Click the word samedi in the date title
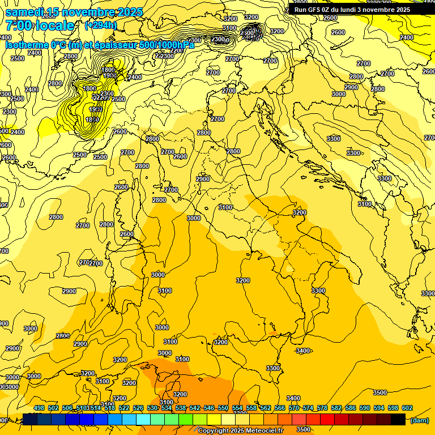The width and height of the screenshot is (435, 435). (24, 12)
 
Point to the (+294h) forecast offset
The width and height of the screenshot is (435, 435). (101, 25)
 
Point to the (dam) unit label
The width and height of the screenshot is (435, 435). (419, 420)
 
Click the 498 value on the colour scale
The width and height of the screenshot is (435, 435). (39, 408)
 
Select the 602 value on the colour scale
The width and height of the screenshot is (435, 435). (407, 408)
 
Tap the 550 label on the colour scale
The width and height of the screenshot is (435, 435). (223, 408)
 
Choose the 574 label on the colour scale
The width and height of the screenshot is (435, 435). (308, 408)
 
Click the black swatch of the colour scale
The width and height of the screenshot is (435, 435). (398, 420)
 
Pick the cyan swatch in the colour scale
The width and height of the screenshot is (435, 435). (143, 420)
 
